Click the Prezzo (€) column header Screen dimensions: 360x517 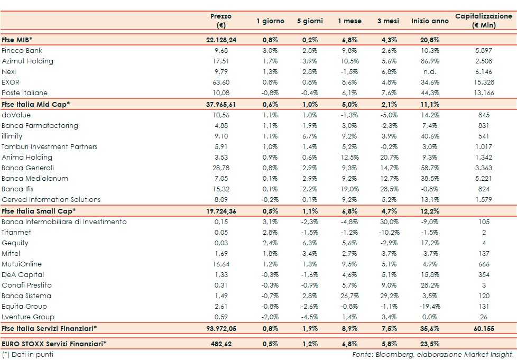point(221,21)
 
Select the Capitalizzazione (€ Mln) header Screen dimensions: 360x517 point(483,21)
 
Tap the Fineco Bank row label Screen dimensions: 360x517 point(22,51)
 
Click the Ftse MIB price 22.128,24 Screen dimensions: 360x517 point(221,40)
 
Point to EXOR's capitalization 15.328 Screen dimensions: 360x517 point(483,82)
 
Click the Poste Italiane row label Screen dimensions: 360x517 point(24,93)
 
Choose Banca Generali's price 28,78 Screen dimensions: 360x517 point(221,168)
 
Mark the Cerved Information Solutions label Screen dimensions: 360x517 point(51,199)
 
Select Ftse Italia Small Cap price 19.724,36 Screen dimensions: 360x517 point(221,211)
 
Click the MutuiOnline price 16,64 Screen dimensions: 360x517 point(221,264)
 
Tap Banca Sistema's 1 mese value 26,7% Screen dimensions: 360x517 point(349,296)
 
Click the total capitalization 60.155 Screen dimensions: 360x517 point(483,328)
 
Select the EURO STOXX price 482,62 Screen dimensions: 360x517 point(221,344)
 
